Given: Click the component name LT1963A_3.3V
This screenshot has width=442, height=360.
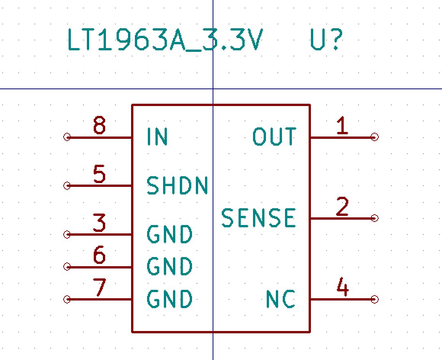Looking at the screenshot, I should point(165,40).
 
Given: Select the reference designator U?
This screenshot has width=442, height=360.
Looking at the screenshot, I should point(327,40).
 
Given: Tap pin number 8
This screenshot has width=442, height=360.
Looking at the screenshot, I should point(99,125).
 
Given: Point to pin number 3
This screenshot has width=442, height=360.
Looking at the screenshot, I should point(99,223).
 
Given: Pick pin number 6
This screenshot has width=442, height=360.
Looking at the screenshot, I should point(99,255).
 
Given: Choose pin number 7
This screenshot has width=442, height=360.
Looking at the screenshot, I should point(99,288).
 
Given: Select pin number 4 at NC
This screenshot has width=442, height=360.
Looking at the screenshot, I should point(342,288).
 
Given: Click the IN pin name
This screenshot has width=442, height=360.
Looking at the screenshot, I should point(157,137).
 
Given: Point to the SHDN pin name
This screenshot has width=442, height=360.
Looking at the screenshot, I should point(177,186).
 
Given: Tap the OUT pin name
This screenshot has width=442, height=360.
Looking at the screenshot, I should point(274,137).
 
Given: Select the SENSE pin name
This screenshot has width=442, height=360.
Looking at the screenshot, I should point(259,218).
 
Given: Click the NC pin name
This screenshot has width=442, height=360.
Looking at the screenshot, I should point(280,299).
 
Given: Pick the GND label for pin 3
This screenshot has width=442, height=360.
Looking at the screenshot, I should point(170,234).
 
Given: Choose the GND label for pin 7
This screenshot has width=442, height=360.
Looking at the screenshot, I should point(170,299).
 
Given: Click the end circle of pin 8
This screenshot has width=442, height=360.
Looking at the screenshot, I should point(67,137).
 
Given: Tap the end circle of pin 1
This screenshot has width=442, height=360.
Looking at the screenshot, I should point(375,137).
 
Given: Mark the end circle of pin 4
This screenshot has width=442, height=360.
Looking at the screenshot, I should point(375,299).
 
